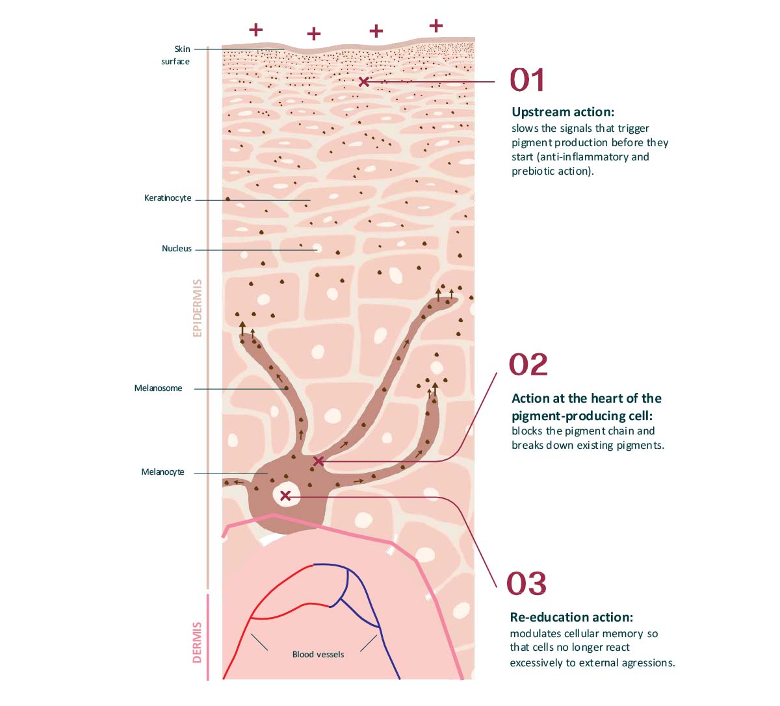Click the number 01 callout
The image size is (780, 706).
[x=527, y=80]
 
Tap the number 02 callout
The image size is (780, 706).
[x=528, y=364]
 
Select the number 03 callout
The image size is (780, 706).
[x=526, y=583]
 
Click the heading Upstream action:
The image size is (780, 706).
[x=563, y=112]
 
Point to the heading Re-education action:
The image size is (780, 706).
[x=571, y=617]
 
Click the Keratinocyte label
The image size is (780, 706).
[x=168, y=198]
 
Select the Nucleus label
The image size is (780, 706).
[x=177, y=249]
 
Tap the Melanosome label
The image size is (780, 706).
[x=158, y=388]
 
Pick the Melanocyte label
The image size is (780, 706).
[x=162, y=472]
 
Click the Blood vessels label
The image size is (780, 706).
[x=318, y=655]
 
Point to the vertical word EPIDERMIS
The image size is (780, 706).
[x=198, y=308]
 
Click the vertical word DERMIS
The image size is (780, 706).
[x=198, y=642]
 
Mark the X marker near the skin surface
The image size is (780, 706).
[x=364, y=82]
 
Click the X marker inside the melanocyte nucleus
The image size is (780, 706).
[x=285, y=496]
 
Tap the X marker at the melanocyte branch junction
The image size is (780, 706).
[x=318, y=461]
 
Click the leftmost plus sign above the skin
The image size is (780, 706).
[x=256, y=29]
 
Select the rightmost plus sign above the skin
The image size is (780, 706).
[x=436, y=26]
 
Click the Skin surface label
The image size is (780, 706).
[x=176, y=55]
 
